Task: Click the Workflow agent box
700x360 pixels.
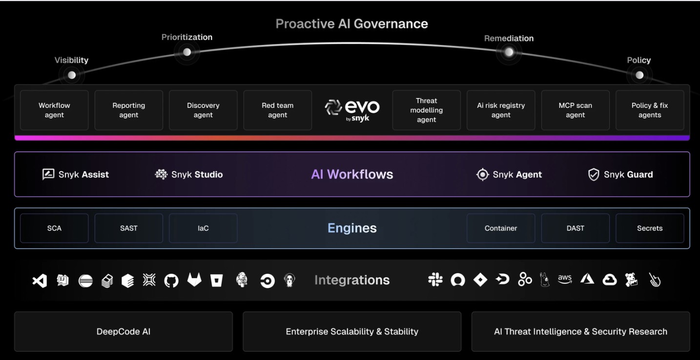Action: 54,110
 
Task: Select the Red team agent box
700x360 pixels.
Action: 277,110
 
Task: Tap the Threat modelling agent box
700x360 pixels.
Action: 426,110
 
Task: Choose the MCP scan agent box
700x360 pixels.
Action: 576,110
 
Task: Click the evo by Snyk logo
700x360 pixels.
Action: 352,110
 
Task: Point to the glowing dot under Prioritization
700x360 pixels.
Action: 187,52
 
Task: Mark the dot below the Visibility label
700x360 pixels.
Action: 72,75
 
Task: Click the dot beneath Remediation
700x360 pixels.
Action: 509,52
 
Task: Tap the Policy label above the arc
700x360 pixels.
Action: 639,60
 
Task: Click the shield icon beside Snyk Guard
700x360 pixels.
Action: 594,175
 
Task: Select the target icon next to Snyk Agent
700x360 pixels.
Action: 482,175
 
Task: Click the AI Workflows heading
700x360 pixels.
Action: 352,174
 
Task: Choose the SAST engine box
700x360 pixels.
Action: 129,228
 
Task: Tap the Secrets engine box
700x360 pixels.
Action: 650,228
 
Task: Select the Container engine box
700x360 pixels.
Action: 501,228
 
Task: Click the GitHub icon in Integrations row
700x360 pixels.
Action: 171,280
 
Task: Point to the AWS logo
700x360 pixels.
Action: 565,279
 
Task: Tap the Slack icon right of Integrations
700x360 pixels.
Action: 435,280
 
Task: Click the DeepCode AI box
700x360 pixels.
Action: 124,332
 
